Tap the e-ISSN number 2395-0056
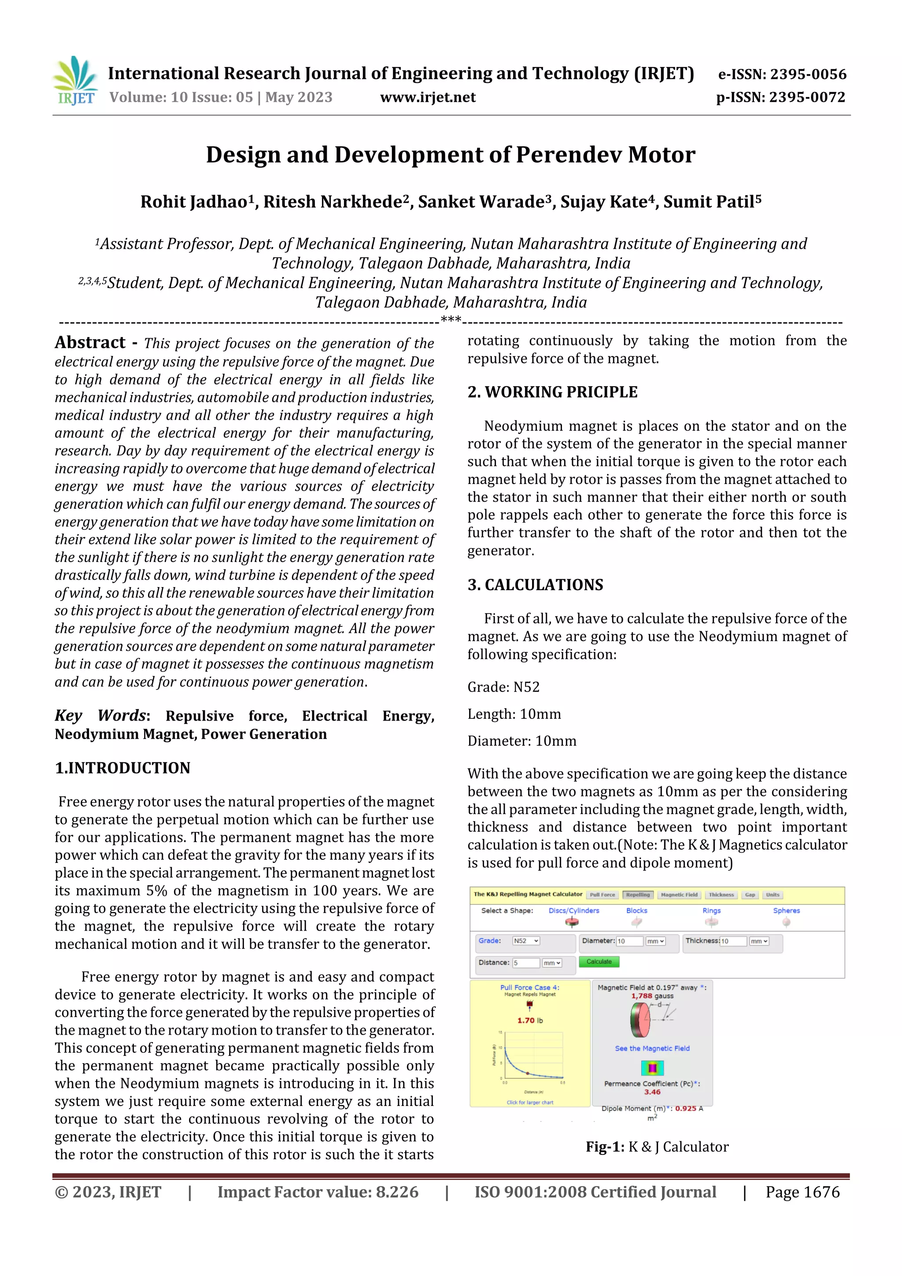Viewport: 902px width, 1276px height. pyautogui.click(x=808, y=74)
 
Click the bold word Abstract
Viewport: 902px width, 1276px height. pyautogui.click(x=90, y=342)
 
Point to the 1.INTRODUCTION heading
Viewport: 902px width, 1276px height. pyautogui.click(x=122, y=768)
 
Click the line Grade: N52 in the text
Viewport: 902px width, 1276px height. pyautogui.click(x=503, y=688)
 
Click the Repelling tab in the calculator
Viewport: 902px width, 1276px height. pyautogui.click(x=637, y=895)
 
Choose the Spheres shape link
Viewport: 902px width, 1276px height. pyautogui.click(x=786, y=910)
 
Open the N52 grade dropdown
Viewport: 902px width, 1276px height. pyautogui.click(x=526, y=941)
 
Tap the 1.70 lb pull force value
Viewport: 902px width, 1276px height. pyautogui.click(x=530, y=1021)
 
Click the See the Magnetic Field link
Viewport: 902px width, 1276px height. pyautogui.click(x=652, y=1048)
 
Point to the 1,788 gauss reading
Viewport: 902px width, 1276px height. pyautogui.click(x=652, y=996)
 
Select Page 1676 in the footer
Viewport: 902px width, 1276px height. pyautogui.click(x=802, y=1192)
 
